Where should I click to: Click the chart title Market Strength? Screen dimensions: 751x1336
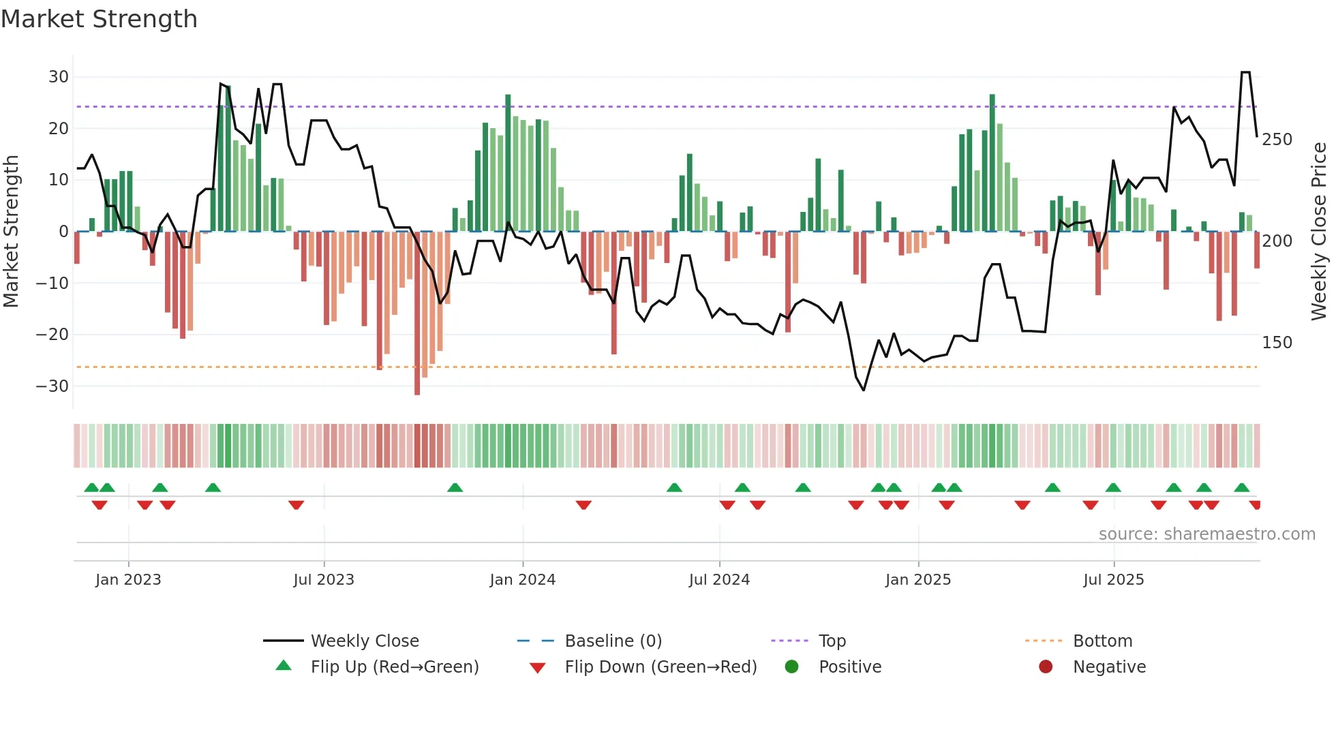pyautogui.click(x=99, y=19)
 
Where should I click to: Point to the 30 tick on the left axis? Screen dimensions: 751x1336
pyautogui.click(x=59, y=77)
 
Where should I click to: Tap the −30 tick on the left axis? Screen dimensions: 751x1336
pyautogui.click(x=52, y=386)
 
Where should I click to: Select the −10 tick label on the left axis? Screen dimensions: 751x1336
pyautogui.click(x=52, y=283)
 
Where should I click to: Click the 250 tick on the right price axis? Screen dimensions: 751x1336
pyautogui.click(x=1277, y=140)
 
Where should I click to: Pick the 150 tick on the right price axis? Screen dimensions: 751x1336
pyautogui.click(x=1277, y=343)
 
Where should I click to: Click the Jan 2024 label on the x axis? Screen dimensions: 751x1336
pyautogui.click(x=522, y=580)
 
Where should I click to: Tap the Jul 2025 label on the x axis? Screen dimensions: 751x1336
pyautogui.click(x=1113, y=580)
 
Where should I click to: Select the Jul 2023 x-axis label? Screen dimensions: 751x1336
pyautogui.click(x=324, y=580)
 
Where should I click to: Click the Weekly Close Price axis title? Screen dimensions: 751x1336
pyautogui.click(x=1319, y=232)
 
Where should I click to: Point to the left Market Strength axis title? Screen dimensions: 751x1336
pyautogui.click(x=12, y=232)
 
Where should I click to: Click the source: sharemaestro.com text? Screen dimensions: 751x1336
pyautogui.click(x=1206, y=534)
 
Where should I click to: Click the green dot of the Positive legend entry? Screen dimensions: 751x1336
pyautogui.click(x=791, y=667)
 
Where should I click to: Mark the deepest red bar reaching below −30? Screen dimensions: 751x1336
pyautogui.click(x=417, y=313)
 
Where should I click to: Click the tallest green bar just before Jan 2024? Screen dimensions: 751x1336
pyautogui.click(x=508, y=164)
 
